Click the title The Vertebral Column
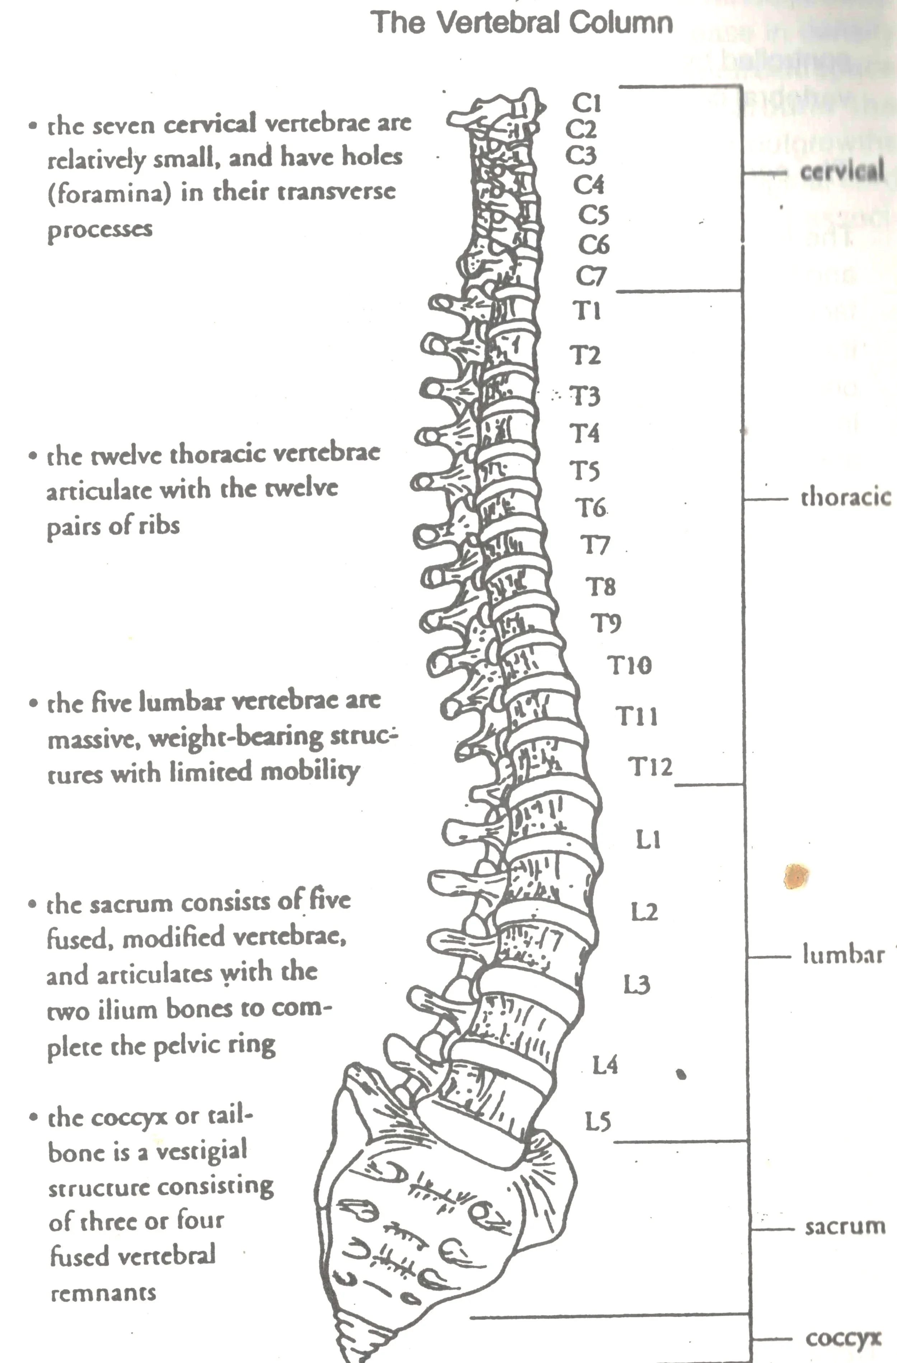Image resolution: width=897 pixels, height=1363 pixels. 522,23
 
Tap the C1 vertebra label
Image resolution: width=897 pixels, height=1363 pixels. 587,103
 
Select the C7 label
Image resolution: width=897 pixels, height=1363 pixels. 590,277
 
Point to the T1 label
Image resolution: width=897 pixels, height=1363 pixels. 587,311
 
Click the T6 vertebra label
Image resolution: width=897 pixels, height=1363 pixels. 590,507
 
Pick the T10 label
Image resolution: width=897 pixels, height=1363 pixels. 629,665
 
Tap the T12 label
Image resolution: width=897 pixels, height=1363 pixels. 651,766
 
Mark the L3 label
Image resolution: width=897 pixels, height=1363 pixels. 637,985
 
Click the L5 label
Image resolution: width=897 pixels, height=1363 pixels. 598,1121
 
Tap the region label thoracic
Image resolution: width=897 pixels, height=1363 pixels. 845,497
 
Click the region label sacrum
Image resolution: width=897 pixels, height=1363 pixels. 845,1227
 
